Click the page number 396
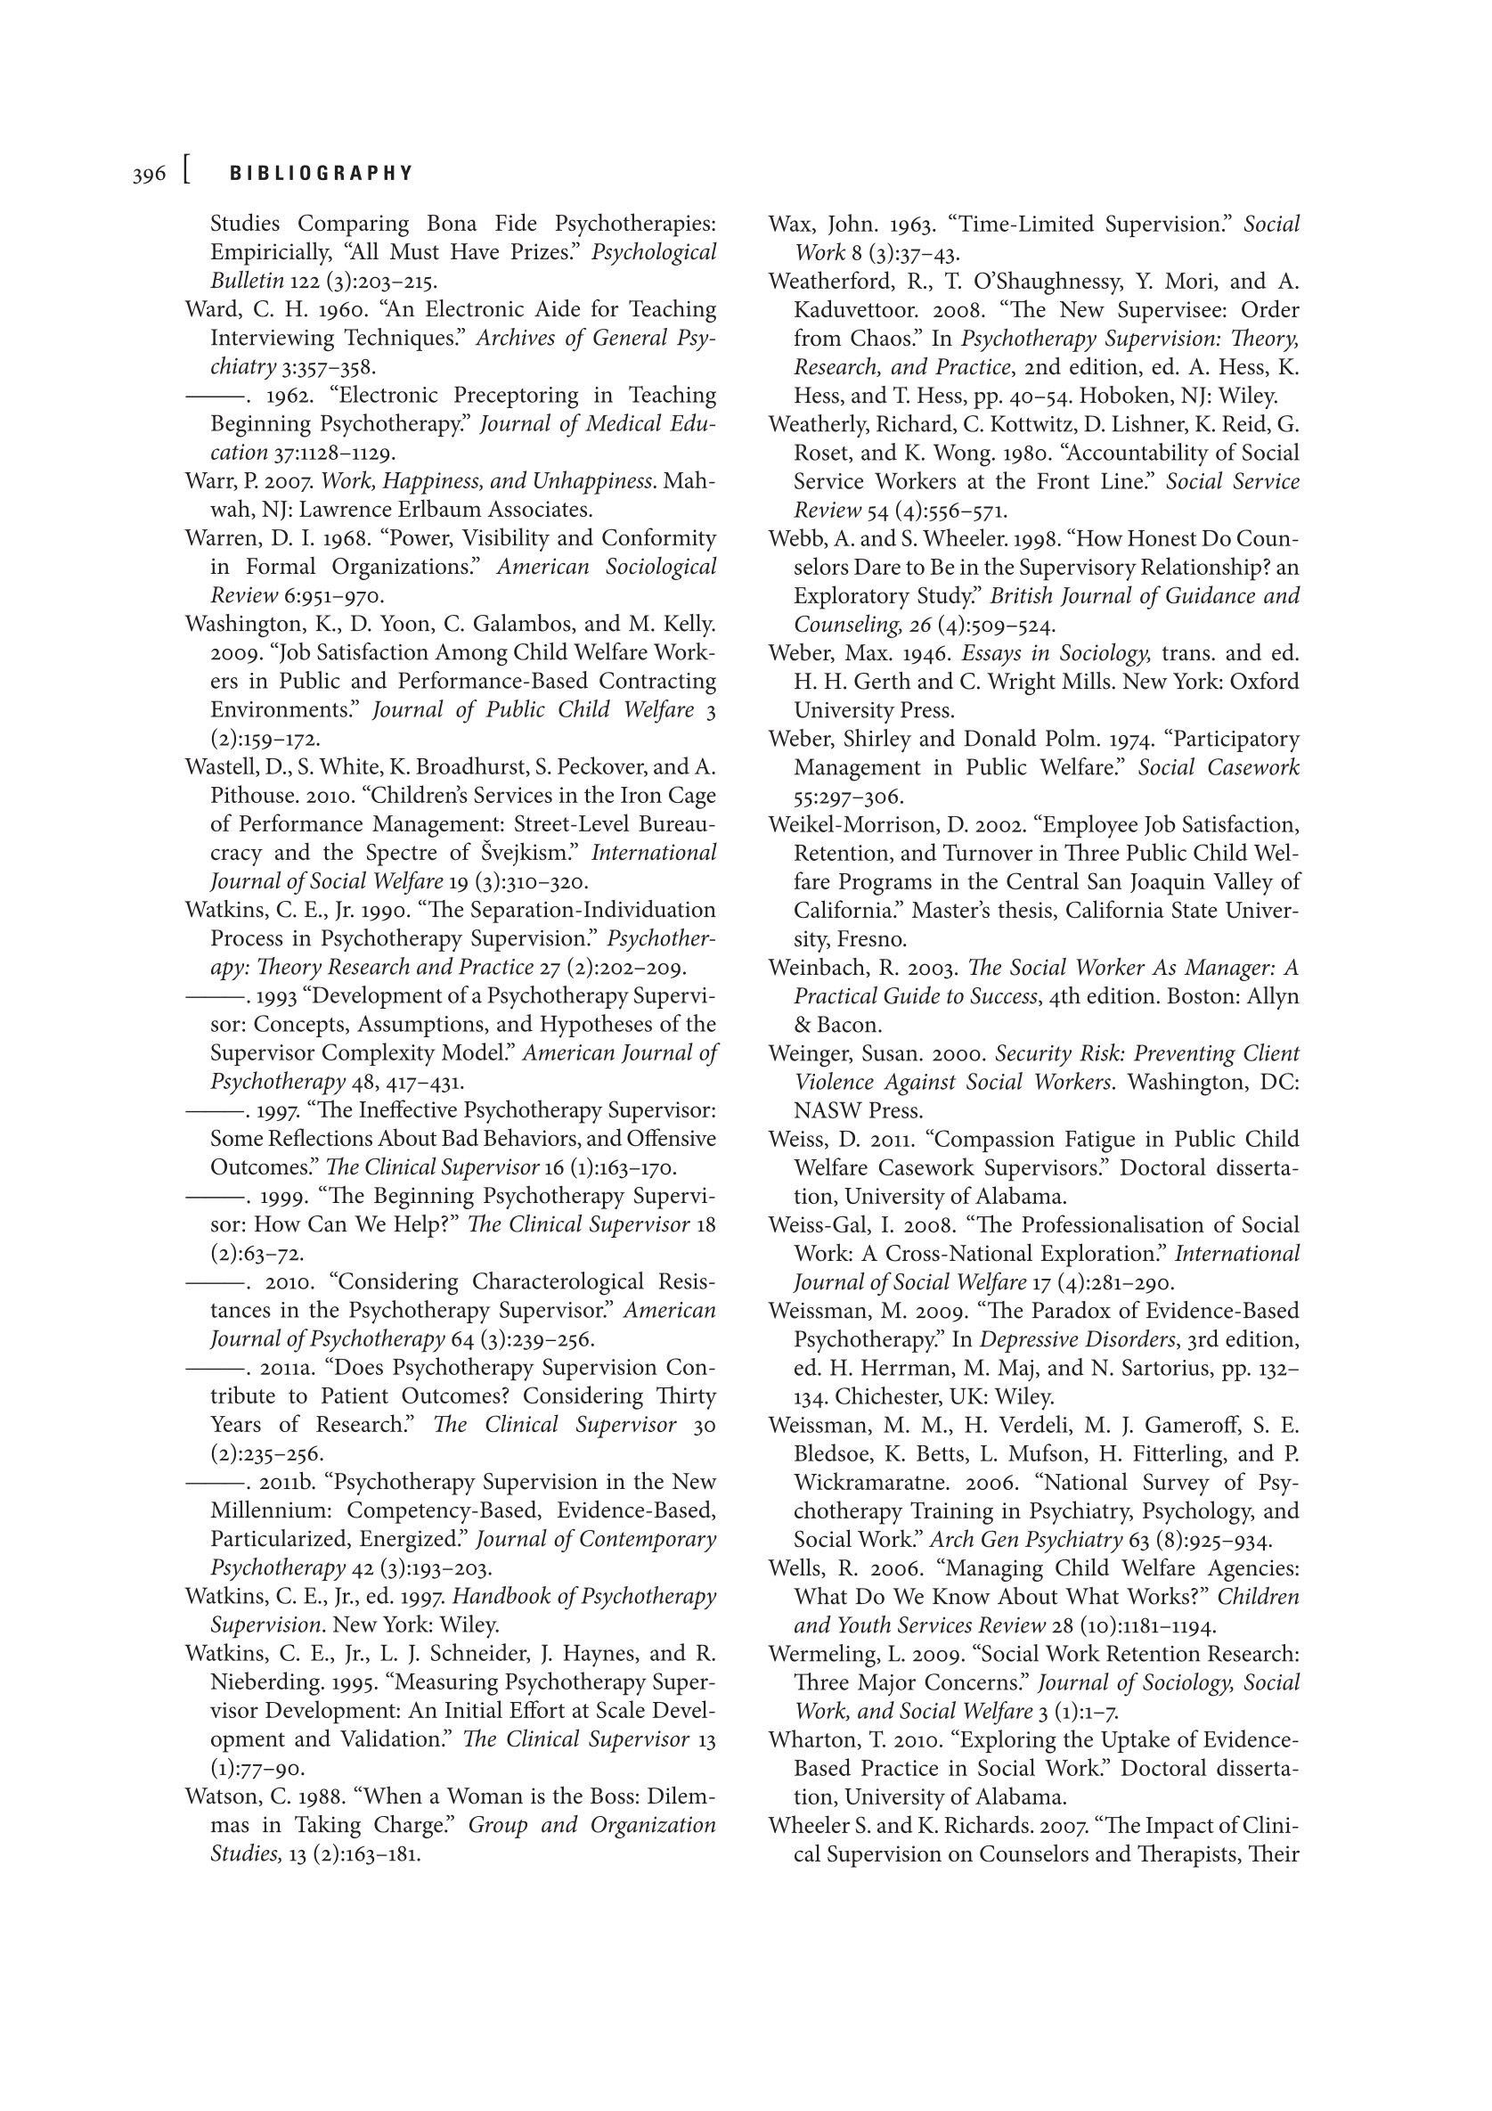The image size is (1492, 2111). pos(149,175)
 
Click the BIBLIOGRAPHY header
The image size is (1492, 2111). pos(321,174)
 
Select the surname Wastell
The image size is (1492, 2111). pos(220,768)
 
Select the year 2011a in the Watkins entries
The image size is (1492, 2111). pos(287,1368)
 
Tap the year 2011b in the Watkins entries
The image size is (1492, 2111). pos(288,1482)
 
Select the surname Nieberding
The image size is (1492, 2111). pos(266,1682)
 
